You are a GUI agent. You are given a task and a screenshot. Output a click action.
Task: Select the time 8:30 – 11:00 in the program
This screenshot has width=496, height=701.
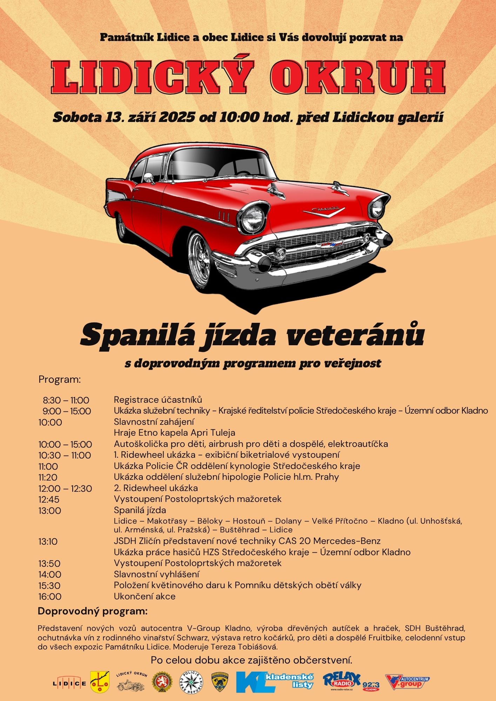(x=66, y=400)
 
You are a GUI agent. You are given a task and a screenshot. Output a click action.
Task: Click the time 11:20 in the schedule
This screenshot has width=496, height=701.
(x=48, y=477)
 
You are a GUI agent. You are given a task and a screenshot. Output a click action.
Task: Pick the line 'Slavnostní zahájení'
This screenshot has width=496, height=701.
(x=154, y=422)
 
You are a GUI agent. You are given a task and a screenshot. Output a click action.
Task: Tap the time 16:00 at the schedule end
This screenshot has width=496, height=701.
(x=50, y=597)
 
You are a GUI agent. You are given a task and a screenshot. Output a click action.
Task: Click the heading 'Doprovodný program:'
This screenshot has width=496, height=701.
(x=93, y=612)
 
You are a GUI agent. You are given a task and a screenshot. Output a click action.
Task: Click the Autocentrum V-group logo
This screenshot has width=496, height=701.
(x=407, y=682)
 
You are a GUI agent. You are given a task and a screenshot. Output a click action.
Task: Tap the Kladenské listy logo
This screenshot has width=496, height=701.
(x=275, y=682)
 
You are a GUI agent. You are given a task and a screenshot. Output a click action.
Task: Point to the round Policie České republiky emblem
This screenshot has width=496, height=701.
(x=191, y=682)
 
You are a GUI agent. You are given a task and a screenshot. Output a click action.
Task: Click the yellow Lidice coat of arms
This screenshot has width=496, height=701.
(x=100, y=682)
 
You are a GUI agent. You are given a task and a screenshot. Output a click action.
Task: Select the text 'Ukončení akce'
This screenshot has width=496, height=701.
(x=145, y=597)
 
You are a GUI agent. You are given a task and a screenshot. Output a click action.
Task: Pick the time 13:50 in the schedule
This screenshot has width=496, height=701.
(x=49, y=564)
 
